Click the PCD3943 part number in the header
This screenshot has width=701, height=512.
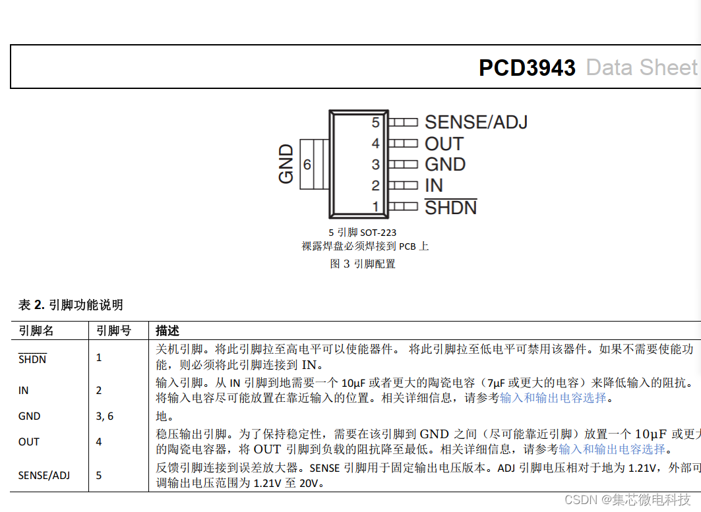tap(527, 68)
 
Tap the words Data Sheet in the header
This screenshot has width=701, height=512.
tap(641, 68)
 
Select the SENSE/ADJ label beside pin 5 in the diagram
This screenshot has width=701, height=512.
tap(475, 122)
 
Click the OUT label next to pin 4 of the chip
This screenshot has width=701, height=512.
tap(444, 144)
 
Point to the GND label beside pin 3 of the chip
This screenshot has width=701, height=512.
tap(445, 165)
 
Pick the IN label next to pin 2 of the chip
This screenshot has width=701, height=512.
tap(434, 186)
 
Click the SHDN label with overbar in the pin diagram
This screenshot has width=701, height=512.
tap(450, 208)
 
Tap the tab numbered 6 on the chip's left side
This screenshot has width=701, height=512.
tap(307, 165)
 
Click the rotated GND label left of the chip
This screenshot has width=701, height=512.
tap(286, 164)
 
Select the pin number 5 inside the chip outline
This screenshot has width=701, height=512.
tap(375, 123)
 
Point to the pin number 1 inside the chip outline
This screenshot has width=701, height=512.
tap(376, 207)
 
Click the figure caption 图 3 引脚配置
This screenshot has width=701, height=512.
tap(362, 264)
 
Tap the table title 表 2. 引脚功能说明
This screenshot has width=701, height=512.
tap(71, 304)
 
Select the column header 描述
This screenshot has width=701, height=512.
tap(168, 331)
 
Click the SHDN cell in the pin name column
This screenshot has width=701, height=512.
tap(32, 359)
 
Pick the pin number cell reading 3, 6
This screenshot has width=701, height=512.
tap(105, 416)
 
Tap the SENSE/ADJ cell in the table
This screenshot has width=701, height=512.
tap(44, 474)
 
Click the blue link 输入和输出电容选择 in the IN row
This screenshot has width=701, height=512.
tap(552, 398)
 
